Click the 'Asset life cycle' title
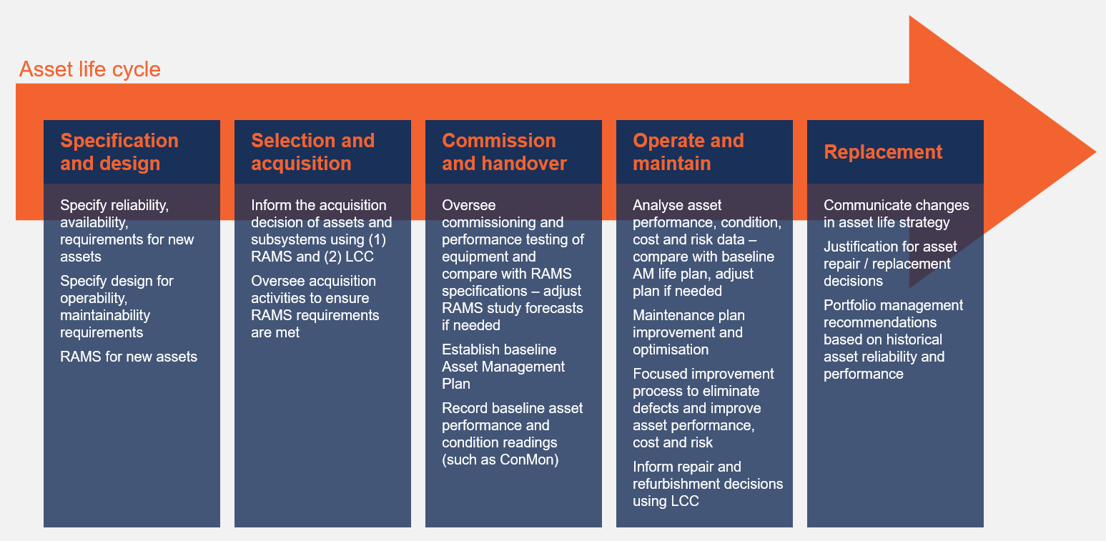(90, 69)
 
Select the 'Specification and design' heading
(119, 152)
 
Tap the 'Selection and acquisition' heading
(312, 152)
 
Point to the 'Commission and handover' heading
(504, 152)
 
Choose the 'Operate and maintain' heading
(688, 152)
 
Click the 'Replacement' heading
(883, 152)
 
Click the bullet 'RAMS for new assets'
(129, 357)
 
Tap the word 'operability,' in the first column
(94, 298)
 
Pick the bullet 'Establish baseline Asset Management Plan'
(503, 366)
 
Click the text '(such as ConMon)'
(500, 460)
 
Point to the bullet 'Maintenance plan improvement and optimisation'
(688, 332)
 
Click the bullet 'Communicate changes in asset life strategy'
(896, 214)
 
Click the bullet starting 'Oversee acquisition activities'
(315, 307)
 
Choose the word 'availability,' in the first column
(94, 223)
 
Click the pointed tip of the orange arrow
(1095, 152)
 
